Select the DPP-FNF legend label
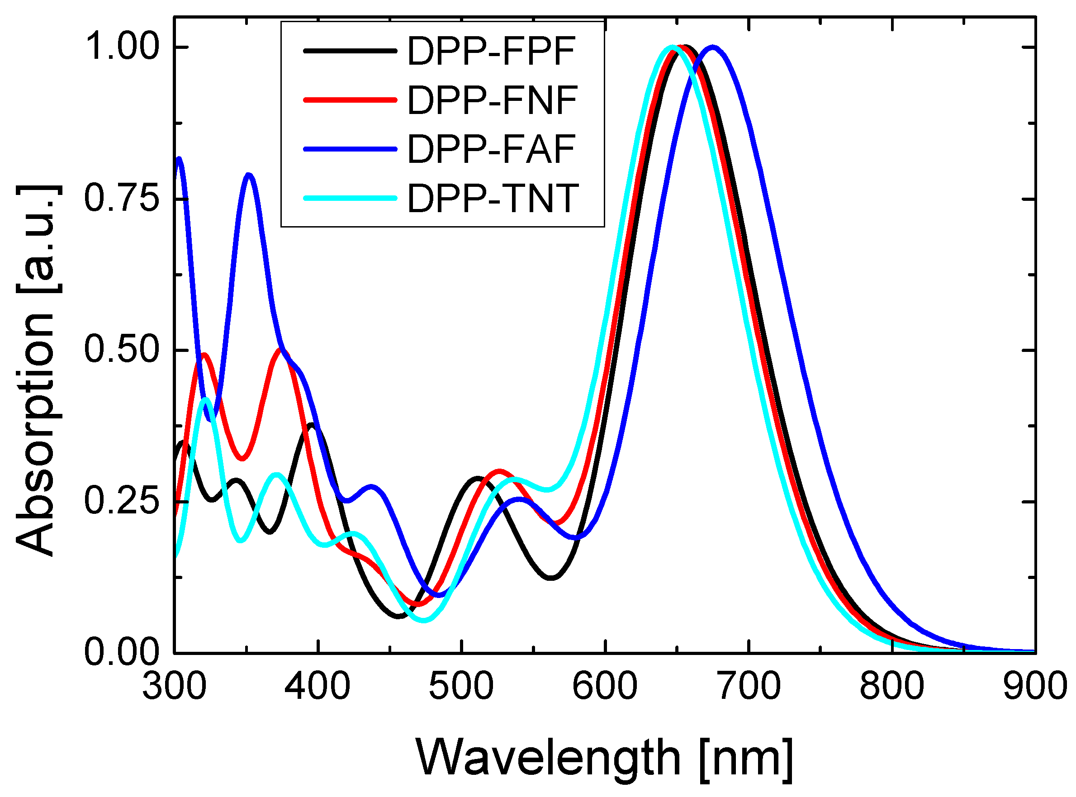point(492,100)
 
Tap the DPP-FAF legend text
point(491,150)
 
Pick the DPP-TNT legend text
point(493,198)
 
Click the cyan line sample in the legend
point(350,198)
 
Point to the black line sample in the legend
point(350,51)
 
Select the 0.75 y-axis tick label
point(122,198)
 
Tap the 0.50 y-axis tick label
point(122,350)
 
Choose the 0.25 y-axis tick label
point(122,501)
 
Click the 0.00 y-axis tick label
point(122,652)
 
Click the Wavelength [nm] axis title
point(604,758)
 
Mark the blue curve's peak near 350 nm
point(249,175)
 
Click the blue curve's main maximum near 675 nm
point(713,47)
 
